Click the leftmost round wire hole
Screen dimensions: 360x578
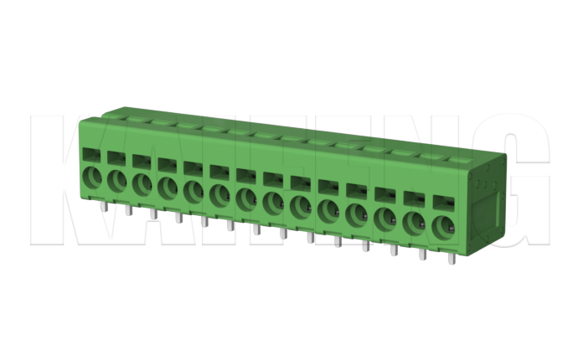90,178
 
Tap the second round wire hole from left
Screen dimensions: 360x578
116,182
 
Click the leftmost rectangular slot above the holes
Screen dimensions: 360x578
90,154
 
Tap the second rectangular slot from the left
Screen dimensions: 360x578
116,157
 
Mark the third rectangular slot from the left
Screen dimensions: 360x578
142,160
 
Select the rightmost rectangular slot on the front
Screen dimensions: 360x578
441,201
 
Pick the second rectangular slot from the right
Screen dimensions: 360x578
414,198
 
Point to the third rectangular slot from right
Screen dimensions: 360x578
385,193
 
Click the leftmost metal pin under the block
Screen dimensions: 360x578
102,205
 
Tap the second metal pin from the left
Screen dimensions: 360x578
127,209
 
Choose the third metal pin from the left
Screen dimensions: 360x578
153,213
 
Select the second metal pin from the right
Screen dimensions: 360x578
421,253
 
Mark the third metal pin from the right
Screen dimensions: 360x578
394,249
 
